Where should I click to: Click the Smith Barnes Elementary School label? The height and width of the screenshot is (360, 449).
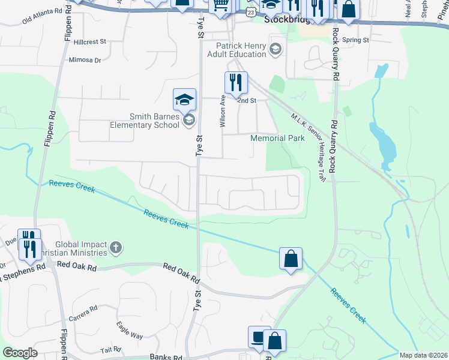coord(144,121)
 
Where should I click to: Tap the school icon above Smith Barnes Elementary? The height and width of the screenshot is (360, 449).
coord(185,99)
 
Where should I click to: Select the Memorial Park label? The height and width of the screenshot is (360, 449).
coord(277,138)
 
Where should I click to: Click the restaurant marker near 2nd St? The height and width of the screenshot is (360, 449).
coord(236,83)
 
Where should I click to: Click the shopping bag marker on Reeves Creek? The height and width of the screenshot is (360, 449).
coord(291,259)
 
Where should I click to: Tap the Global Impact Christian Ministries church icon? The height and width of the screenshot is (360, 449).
coord(116,247)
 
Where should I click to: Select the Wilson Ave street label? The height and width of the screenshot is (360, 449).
coord(223,112)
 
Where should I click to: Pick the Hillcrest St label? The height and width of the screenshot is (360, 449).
coord(90,42)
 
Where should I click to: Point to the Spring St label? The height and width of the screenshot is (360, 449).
coord(355,40)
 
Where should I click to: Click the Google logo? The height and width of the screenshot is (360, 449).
coord(20,353)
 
